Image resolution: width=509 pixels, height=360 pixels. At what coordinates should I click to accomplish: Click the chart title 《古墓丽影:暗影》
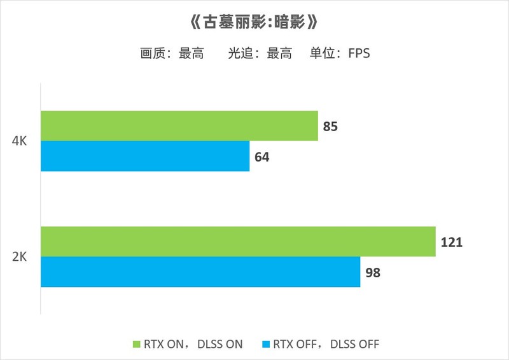click(254, 24)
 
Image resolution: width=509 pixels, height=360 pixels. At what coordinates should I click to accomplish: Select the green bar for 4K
click(179, 126)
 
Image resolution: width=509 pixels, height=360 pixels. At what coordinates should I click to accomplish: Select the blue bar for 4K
click(145, 156)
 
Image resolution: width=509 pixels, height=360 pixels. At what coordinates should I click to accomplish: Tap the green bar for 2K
click(238, 242)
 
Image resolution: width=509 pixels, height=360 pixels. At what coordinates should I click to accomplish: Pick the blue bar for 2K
click(200, 272)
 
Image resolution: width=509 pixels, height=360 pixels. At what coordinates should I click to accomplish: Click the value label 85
click(330, 127)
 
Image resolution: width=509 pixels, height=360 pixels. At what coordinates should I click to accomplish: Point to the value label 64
click(261, 156)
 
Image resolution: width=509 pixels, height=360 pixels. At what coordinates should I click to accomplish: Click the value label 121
click(450, 242)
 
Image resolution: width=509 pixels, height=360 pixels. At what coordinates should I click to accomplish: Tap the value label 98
click(372, 272)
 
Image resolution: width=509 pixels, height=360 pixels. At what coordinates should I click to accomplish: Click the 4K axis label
click(19, 141)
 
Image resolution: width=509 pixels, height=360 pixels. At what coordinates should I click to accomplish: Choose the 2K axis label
click(19, 257)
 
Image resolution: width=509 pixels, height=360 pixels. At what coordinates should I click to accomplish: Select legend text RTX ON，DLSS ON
click(193, 344)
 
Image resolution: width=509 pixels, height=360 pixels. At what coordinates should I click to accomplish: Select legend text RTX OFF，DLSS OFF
click(326, 344)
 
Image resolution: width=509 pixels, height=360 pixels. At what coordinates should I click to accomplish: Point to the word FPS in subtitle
click(359, 54)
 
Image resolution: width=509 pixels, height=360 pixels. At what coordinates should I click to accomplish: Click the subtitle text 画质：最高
click(172, 54)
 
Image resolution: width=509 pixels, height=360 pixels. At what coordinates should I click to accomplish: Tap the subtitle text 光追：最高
click(260, 54)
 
